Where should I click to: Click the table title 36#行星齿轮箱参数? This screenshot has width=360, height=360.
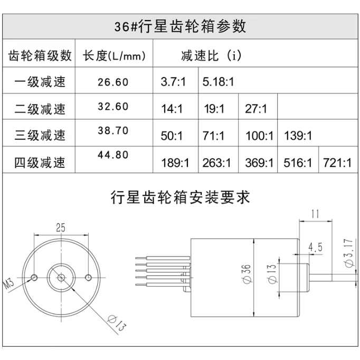tap(180, 26)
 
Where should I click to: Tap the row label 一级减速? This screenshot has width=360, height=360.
tap(40, 82)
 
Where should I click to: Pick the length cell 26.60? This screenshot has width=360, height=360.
tap(113, 82)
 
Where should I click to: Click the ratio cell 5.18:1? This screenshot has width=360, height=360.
tap(218, 82)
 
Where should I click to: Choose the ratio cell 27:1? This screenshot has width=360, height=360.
tap(257, 109)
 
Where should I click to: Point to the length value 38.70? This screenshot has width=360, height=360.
tap(113, 131)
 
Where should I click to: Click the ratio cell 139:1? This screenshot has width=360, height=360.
tap(298, 136)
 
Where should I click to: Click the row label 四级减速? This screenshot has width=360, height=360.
tap(40, 162)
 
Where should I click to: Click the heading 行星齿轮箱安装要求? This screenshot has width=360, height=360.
tap(180, 198)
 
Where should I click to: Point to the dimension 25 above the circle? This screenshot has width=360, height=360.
tap(61, 228)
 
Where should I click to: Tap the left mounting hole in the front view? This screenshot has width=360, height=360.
tap(34, 277)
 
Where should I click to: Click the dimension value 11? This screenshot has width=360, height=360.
tap(316, 214)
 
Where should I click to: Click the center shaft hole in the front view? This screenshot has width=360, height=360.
tap(61, 277)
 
